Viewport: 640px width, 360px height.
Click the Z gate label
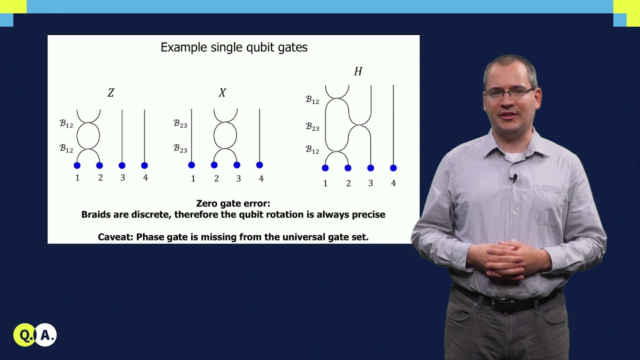(x=111, y=93)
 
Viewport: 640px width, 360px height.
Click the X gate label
(x=222, y=93)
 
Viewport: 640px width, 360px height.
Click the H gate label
(x=358, y=71)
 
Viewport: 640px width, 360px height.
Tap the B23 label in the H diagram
(x=312, y=127)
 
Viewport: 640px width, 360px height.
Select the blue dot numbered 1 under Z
(x=77, y=165)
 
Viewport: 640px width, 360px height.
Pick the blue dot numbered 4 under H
(x=393, y=168)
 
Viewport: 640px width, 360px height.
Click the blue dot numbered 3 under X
(x=237, y=165)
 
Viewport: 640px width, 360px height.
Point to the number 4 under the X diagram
(x=261, y=178)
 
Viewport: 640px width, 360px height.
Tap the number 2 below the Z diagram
(x=100, y=178)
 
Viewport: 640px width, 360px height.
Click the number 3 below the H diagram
(x=370, y=183)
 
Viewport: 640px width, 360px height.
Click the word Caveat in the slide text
(x=115, y=237)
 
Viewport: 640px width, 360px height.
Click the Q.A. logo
(x=35, y=335)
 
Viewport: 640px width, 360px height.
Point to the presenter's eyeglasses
(x=509, y=92)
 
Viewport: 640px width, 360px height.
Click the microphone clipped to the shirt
(x=514, y=177)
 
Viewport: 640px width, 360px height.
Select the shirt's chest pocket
(x=550, y=202)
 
